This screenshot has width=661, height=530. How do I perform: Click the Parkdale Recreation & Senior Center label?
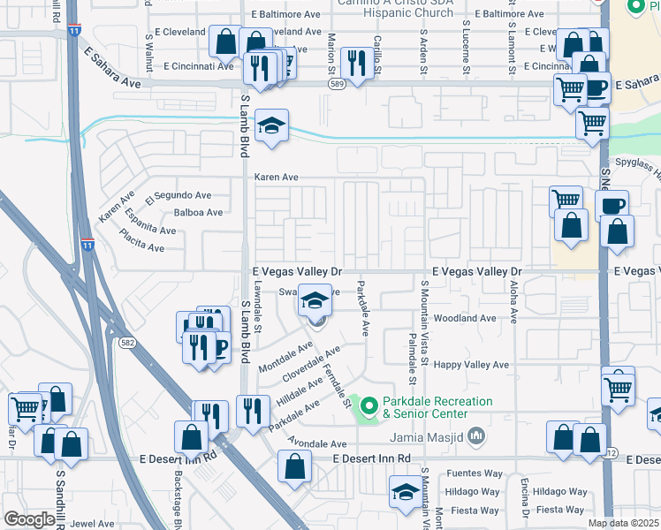click(x=437, y=407)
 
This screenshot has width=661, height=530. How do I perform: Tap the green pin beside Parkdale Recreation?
click(x=368, y=406)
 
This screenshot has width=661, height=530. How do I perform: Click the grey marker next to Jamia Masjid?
click(x=476, y=435)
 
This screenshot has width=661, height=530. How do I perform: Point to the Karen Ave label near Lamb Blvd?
click(x=277, y=178)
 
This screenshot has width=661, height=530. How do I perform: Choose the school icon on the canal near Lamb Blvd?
click(x=272, y=126)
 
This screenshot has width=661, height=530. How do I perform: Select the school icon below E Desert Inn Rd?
click(x=406, y=492)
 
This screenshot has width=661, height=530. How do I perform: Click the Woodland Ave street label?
click(x=465, y=318)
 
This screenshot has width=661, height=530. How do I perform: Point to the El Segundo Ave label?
click(x=183, y=195)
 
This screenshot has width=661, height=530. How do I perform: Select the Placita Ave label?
click(x=144, y=248)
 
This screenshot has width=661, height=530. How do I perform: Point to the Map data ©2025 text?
click(x=624, y=523)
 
